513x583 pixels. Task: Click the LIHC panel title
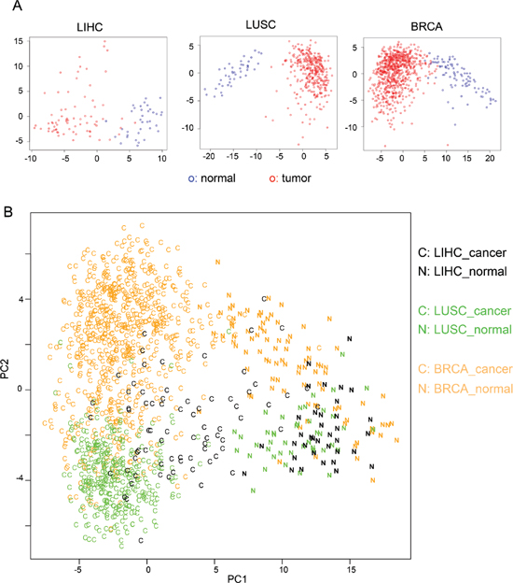[90, 27]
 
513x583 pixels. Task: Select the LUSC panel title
[260, 25]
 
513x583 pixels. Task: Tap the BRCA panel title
[426, 27]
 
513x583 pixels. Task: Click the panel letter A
[17, 6]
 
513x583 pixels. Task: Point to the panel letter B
[7, 211]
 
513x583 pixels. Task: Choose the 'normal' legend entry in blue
[212, 178]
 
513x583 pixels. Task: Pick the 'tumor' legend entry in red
[290, 178]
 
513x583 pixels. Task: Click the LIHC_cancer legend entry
[462, 253]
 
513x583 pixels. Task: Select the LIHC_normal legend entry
[462, 272]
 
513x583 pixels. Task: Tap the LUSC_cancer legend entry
[464, 311]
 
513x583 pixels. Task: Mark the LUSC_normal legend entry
[464, 330]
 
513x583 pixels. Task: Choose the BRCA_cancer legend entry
[465, 369]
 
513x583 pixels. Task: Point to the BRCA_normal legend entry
[465, 389]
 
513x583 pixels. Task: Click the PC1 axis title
[237, 578]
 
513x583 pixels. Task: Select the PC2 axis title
[5, 369]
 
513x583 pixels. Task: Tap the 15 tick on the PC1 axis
[351, 569]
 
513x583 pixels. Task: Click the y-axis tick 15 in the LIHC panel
[19, 41]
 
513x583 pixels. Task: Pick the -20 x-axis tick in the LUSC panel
[209, 156]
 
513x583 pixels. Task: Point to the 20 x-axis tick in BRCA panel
[490, 159]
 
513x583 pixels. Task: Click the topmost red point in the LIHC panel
[104, 41]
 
